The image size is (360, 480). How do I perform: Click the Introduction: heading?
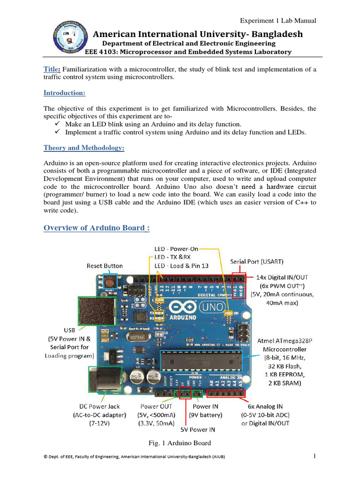(64, 93)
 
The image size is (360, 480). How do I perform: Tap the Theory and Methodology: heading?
(84, 148)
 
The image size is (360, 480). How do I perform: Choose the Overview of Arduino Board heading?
(97, 228)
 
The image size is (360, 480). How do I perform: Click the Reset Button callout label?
(105, 266)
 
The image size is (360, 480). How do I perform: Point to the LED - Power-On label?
(176, 249)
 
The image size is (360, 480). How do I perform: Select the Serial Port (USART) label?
(256, 261)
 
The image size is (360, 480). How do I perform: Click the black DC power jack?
(104, 382)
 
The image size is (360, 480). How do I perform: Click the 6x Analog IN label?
(265, 406)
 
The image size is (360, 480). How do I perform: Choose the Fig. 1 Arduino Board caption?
(180, 443)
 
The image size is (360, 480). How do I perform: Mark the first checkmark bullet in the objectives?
(57, 124)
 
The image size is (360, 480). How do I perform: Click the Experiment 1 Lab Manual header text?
(278, 21)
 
